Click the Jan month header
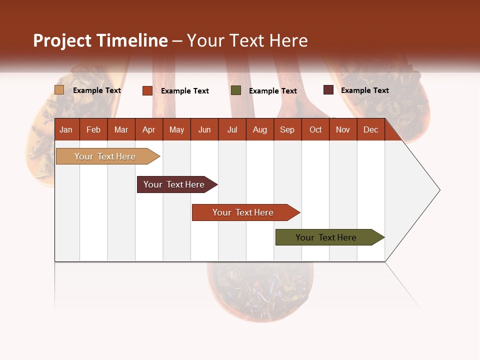[66, 129]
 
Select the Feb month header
[93, 129]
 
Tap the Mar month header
[121, 129]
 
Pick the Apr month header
[149, 129]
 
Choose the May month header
[176, 129]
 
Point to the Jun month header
[204, 129]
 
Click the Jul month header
[232, 129]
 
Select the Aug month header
[260, 129]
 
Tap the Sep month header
[287, 129]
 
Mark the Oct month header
[315, 129]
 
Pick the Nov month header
[343, 129]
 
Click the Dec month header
[371, 129]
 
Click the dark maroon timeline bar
[175, 184]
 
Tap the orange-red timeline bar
[244, 212]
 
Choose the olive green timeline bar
[327, 237]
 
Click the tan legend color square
[59, 90]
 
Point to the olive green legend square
[236, 90]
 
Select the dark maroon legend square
[328, 90]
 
